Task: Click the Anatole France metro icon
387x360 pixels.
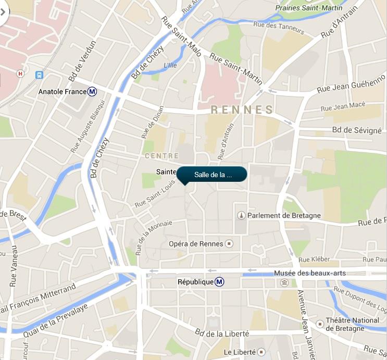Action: pos(92,92)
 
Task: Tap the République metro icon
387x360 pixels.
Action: pos(220,282)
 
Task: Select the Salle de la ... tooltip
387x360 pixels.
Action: pos(212,175)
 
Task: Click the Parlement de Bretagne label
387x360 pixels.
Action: pos(284,215)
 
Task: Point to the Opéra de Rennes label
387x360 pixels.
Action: pos(195,244)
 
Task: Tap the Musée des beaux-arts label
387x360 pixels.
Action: pos(309,273)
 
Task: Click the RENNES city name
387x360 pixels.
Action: pos(242,109)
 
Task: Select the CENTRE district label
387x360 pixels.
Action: pos(161,156)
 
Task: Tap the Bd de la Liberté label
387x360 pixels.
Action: pos(222,333)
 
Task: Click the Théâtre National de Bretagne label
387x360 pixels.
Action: pos(352,325)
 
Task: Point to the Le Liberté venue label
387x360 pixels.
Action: pos(240,352)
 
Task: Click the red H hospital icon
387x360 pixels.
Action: pos(20,73)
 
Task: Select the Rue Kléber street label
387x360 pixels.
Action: pos(311,259)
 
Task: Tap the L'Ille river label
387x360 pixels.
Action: pos(170,66)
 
